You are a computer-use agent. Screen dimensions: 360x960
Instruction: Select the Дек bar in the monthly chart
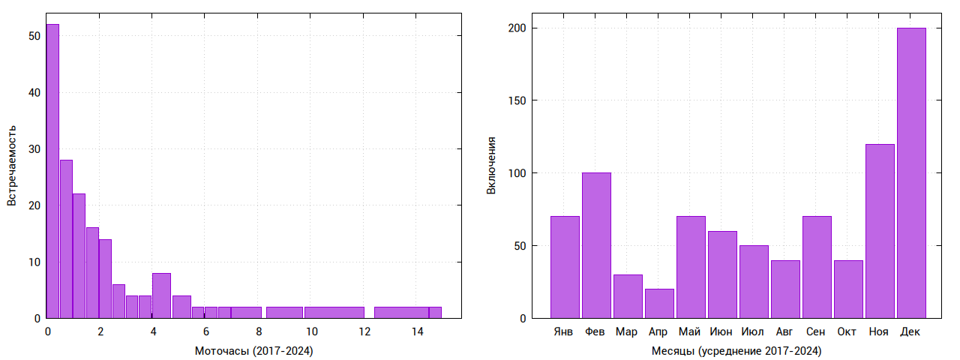pos(911,173)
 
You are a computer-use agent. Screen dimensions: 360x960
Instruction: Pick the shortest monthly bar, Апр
pos(659,304)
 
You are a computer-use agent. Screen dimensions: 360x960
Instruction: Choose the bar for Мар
pos(628,296)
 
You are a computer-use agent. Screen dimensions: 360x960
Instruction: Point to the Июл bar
pos(754,282)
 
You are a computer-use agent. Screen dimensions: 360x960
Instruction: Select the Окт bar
pos(848,289)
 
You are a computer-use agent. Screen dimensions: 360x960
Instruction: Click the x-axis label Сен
pos(816,331)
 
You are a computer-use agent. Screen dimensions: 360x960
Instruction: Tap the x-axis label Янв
pos(564,331)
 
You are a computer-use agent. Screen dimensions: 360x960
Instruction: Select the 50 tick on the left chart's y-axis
pos(33,35)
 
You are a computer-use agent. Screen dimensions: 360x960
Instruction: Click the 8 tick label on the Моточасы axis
pos(259,331)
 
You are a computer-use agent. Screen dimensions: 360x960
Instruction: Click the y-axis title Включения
pos(491,166)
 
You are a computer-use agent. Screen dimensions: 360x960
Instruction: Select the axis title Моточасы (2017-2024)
pos(253,351)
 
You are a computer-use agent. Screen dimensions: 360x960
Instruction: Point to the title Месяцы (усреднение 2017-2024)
pos(736,351)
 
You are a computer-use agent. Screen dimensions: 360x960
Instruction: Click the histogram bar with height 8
pos(161,295)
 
